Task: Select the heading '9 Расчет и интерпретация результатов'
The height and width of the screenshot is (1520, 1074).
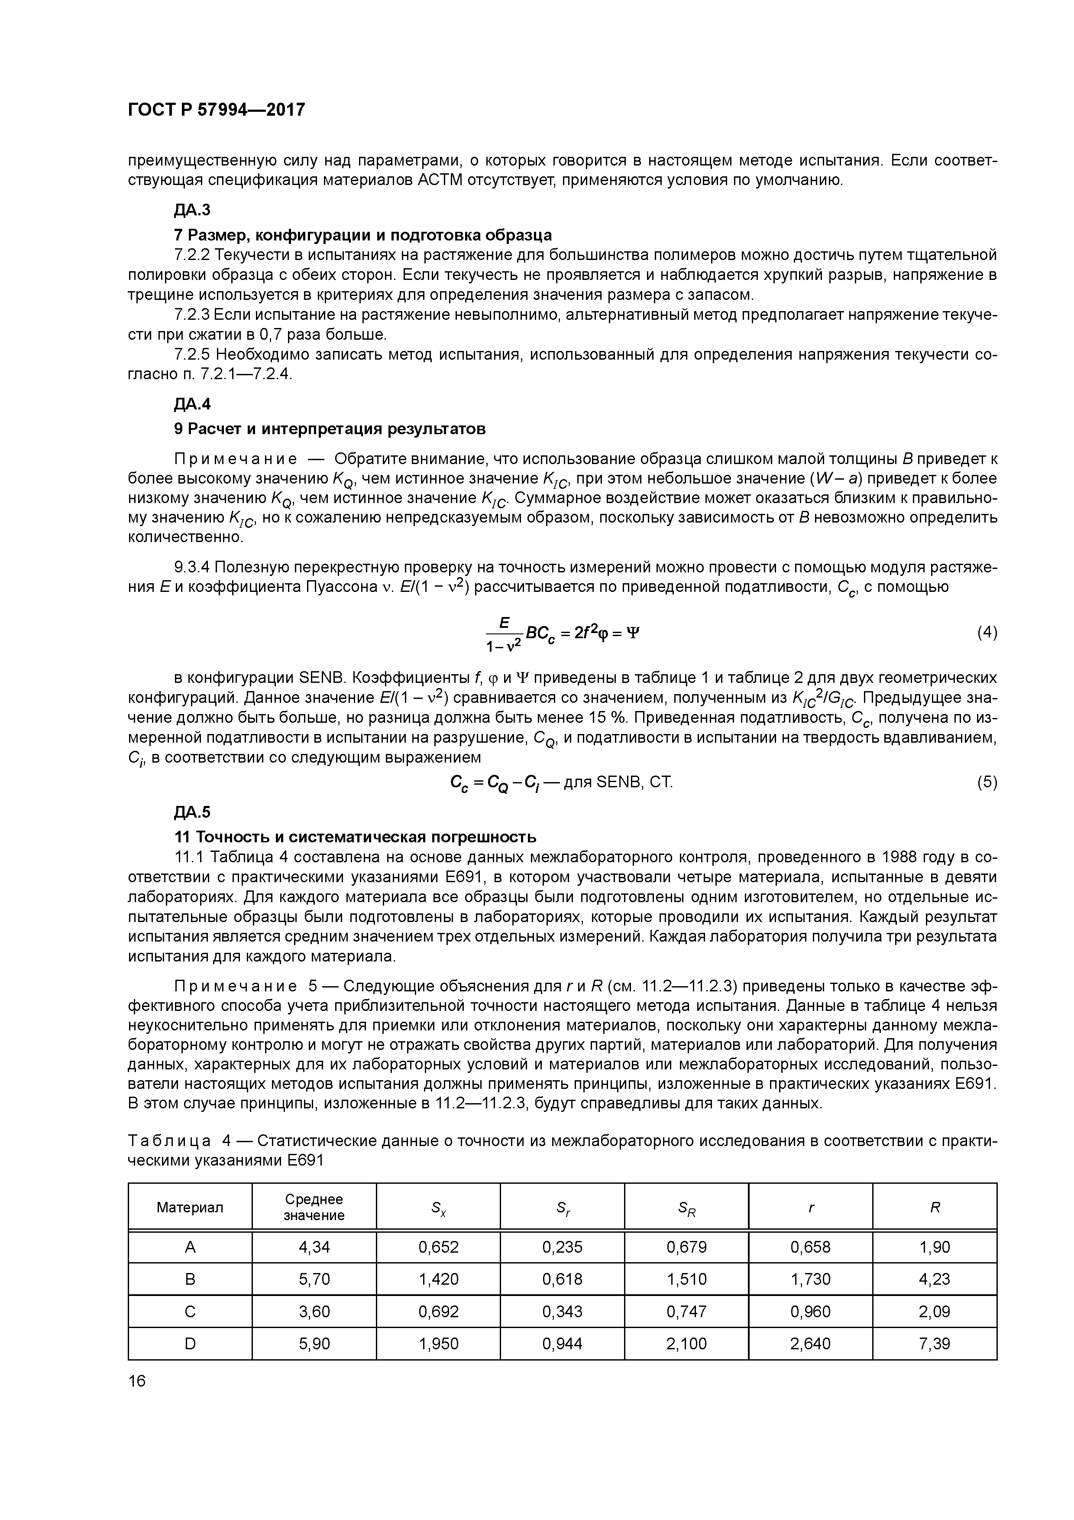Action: [330, 429]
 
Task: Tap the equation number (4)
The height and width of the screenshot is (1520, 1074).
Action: [987, 632]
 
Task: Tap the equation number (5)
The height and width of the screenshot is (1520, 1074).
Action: [987, 783]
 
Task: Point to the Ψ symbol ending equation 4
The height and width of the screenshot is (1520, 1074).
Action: [633, 633]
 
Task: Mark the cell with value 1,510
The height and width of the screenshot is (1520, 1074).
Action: [687, 1280]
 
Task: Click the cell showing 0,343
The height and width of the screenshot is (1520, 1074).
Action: [563, 1312]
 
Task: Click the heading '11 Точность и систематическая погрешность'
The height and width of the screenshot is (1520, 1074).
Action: [355, 838]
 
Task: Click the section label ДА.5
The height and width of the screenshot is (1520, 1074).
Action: [192, 812]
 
